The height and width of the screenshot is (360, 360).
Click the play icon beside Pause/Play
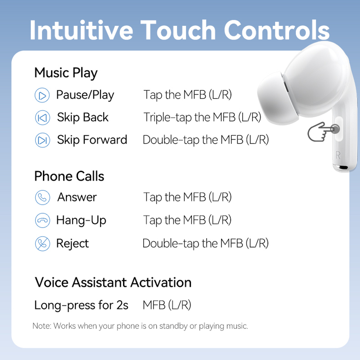[x=42, y=95]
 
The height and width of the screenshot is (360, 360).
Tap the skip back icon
[x=42, y=118]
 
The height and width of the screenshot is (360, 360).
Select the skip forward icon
[x=42, y=140]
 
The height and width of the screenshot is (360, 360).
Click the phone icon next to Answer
[x=42, y=198]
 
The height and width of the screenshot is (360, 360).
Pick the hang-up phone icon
[x=42, y=220]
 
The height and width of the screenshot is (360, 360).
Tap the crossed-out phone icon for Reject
[x=42, y=244]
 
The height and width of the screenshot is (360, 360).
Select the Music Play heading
[x=66, y=73]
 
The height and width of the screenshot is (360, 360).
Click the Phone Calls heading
[x=69, y=176]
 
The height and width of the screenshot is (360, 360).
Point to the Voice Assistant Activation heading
[x=113, y=282]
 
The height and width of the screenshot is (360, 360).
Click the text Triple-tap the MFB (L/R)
[x=202, y=117]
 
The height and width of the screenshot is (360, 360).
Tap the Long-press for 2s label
[x=81, y=305]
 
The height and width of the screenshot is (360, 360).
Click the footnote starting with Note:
[x=140, y=326]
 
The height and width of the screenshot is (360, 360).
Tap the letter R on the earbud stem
[x=338, y=155]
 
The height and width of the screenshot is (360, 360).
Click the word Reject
[x=72, y=244]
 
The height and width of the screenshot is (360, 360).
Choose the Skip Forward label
[x=92, y=140]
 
